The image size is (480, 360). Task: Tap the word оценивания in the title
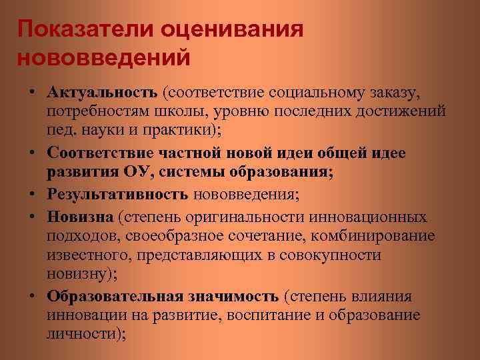click(x=232, y=29)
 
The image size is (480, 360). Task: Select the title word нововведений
click(x=103, y=57)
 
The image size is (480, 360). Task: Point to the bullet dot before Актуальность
click(x=32, y=91)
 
